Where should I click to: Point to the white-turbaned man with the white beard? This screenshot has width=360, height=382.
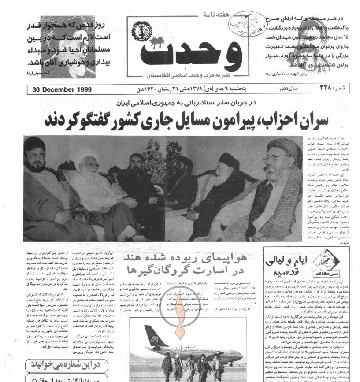pos(94,176)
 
